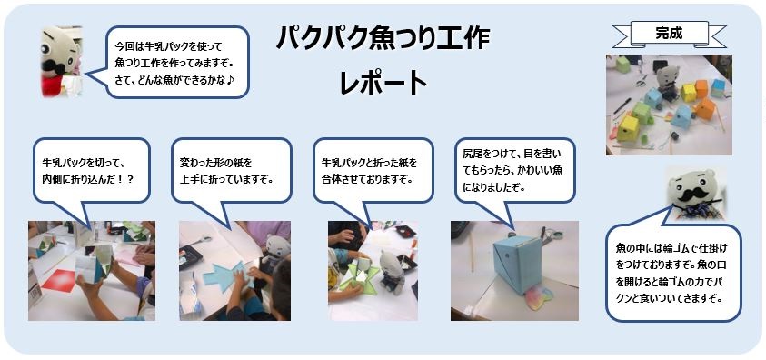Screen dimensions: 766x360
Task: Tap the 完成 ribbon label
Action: [x=670, y=34]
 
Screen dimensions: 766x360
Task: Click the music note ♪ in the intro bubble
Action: [x=233, y=78]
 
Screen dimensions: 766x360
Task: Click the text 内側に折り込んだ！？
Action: [x=88, y=179]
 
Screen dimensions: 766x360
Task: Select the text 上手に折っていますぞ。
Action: [x=226, y=179]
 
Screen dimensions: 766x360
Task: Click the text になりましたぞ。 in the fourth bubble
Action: [x=494, y=187]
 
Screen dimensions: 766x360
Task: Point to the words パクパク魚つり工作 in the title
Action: [x=383, y=39]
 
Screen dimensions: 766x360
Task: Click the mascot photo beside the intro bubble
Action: [x=61, y=61]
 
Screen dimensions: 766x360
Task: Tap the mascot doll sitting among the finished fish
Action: [x=666, y=84]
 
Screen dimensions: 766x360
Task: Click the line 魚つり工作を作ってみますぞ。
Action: [x=174, y=63]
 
